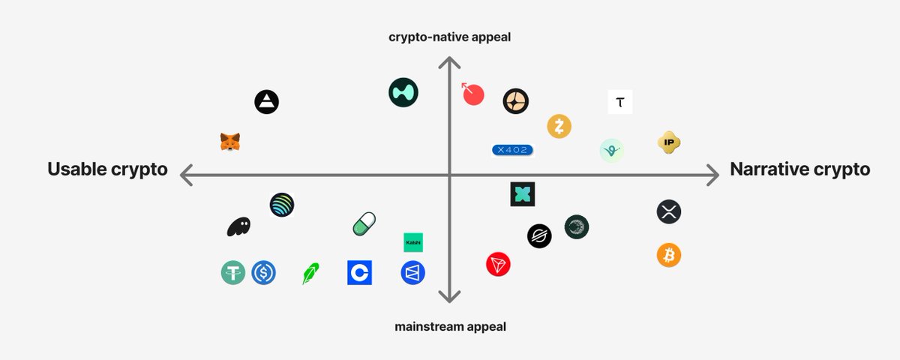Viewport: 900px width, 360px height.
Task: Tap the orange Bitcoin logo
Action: coord(668,255)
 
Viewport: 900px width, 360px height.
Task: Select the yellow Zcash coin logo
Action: coord(559,126)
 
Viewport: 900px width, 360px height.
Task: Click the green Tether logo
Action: coord(233,272)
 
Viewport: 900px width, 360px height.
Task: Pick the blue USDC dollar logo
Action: coord(263,272)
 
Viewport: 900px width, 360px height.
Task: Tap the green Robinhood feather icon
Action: coord(310,273)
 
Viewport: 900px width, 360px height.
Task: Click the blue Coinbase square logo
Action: coord(359,272)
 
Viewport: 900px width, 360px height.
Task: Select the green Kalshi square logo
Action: coord(413,242)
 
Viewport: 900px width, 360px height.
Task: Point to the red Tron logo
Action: coord(497,264)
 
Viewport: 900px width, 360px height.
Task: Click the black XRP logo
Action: coord(668,212)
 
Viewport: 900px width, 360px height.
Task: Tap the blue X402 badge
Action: coord(512,150)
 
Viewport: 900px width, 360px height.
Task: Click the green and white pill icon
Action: coord(364,223)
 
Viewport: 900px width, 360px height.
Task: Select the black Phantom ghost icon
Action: coord(238,226)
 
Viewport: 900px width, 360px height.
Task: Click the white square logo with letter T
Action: coord(619,102)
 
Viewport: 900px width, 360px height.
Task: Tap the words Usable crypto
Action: coord(107,169)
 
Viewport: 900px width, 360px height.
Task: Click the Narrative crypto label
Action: coord(799,169)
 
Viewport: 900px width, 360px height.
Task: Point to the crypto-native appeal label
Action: coord(449,36)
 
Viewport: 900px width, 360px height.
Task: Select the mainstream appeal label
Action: coord(450,326)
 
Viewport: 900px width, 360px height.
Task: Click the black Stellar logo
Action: coord(539,235)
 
